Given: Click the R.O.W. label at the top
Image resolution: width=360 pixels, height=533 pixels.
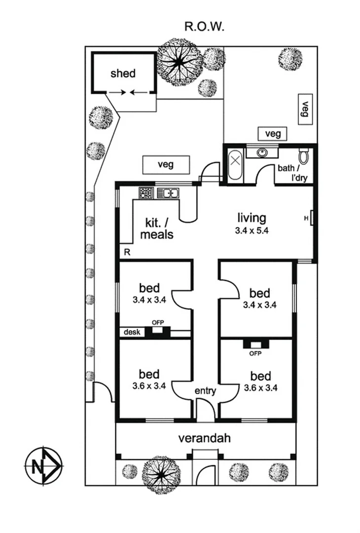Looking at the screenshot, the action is (205, 26).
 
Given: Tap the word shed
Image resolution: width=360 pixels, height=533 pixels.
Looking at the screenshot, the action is (123, 74).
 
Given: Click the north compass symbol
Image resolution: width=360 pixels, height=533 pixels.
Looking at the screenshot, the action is (43, 465).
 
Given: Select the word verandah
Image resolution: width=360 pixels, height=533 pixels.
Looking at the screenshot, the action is (205, 438).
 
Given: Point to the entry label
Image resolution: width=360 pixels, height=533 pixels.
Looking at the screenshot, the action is (205, 391).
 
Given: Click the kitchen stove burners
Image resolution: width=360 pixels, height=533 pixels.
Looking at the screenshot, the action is (146, 192).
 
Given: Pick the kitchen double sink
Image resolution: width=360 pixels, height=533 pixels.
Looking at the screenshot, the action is (168, 193).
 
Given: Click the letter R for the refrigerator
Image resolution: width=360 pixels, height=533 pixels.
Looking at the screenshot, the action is (127, 253).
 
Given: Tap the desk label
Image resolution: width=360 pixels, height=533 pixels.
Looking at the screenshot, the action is (132, 332).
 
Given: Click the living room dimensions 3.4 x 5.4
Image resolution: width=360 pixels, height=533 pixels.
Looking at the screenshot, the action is (252, 230).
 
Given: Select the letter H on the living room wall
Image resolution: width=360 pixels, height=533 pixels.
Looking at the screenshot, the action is (306, 218).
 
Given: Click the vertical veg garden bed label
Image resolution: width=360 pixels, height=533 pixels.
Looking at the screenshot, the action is (305, 109).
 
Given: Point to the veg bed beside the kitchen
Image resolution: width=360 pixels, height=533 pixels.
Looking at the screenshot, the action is (166, 165).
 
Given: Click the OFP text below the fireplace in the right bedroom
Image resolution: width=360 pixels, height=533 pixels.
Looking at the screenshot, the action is (255, 353).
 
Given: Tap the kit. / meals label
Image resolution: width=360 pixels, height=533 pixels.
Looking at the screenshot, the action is (157, 228).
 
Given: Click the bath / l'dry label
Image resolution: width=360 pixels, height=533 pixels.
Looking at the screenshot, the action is (292, 172).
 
